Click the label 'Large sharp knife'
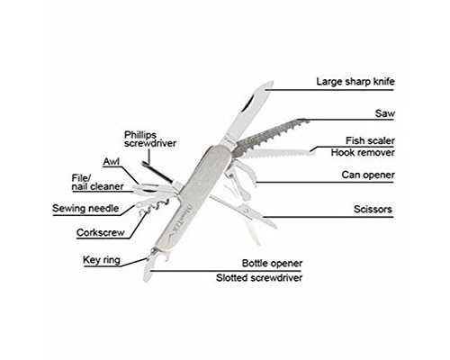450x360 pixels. point(355,82)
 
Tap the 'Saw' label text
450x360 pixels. point(384,113)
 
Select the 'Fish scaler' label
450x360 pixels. point(370,140)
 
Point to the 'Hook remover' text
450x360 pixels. point(363,152)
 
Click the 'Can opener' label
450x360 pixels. point(368,175)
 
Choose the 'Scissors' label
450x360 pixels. point(373,209)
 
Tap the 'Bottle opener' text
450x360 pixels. point(272,263)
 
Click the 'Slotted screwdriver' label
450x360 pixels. point(259,277)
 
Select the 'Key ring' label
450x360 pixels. point(102,260)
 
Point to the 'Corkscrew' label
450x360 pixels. point(100,232)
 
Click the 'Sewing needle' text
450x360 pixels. point(85,208)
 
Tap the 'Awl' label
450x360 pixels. point(111,162)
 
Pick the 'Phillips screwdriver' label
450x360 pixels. point(150,139)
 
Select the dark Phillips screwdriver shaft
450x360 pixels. point(157,172)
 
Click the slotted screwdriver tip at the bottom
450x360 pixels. point(147,273)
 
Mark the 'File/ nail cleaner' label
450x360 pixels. point(97,183)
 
